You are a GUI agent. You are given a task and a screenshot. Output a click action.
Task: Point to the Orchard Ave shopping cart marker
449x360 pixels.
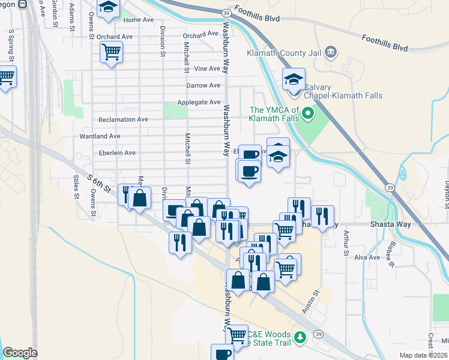111,52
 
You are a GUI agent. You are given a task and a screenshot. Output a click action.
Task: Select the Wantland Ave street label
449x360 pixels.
100,136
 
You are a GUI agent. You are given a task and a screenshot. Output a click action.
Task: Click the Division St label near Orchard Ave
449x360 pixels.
163,43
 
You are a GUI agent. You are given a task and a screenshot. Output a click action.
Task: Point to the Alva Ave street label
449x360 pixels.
367,257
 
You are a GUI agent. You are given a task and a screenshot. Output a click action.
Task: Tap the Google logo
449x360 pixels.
20,353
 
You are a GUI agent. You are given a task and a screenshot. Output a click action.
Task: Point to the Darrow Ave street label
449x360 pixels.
203,86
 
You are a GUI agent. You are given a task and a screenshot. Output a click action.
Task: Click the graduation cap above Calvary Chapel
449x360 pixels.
294,79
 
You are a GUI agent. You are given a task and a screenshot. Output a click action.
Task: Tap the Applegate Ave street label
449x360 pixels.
198,103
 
